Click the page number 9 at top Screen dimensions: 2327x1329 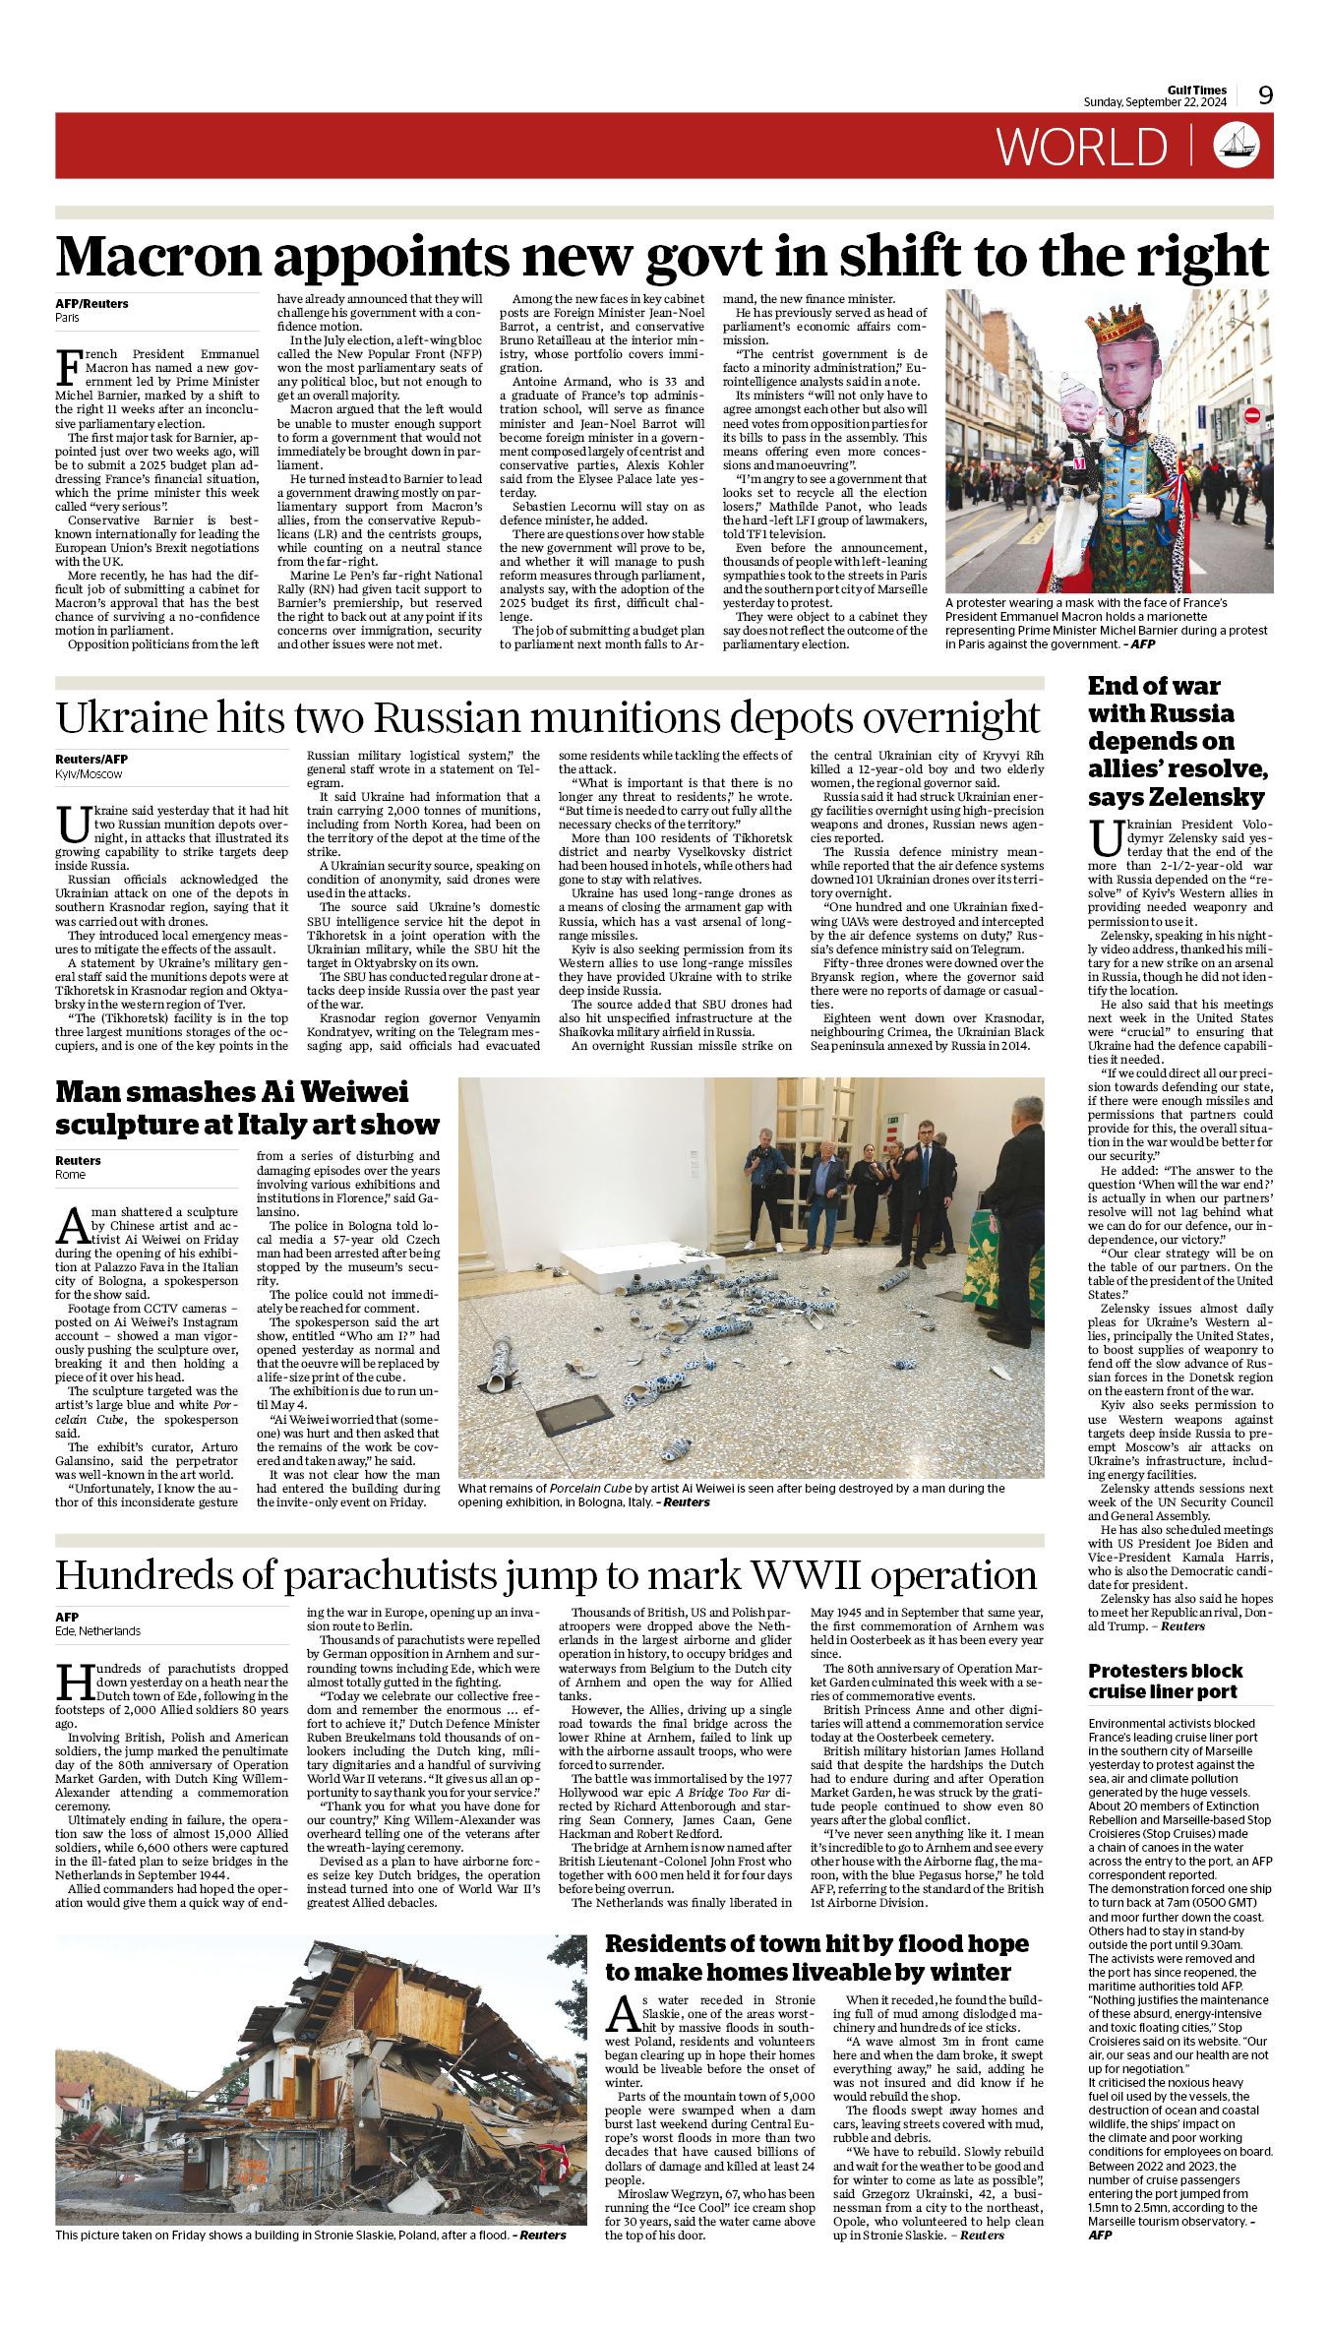tap(1265, 94)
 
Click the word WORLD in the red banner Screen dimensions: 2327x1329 tap(1082, 147)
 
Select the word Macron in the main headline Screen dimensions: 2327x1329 tap(159, 257)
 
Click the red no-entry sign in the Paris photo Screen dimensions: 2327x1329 tap(1252, 415)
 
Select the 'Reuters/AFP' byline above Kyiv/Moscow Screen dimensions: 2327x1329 tap(91, 759)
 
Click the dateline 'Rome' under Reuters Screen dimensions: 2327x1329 tap(71, 1175)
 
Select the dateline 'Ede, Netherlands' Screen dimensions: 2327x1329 tap(97, 1630)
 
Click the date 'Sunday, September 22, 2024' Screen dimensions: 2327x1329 tap(1155, 102)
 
